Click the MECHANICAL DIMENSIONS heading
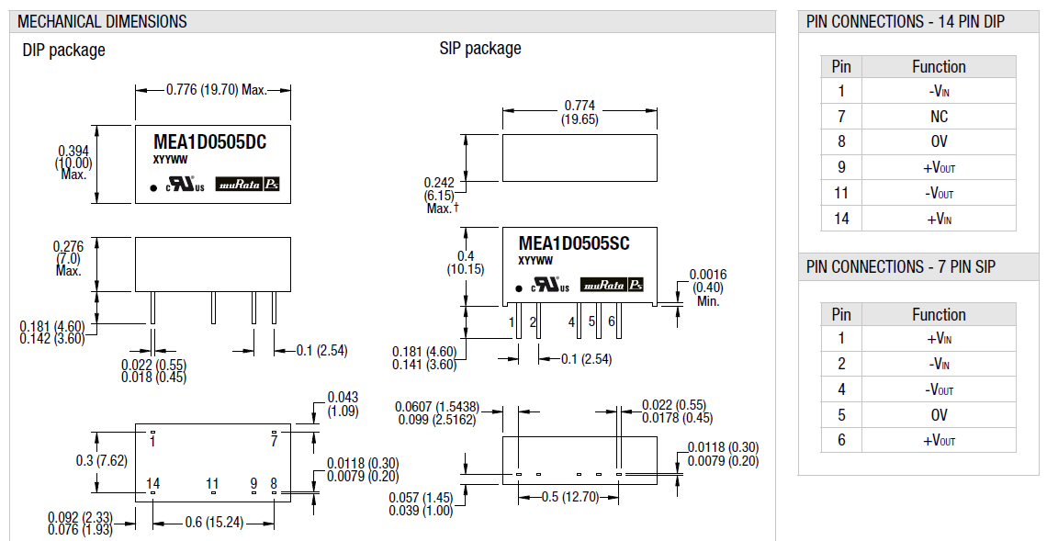coord(102,21)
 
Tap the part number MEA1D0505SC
coord(574,242)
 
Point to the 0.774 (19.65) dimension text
coord(580,113)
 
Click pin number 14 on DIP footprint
coord(152,483)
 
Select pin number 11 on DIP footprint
coord(212,483)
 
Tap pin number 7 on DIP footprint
coord(273,441)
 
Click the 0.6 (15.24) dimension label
coord(213,523)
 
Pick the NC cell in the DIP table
coord(939,117)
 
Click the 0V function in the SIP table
coord(939,415)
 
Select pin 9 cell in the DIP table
coord(841,167)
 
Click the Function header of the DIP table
coord(939,66)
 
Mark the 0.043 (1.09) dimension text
coord(343,404)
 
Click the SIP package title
coord(479,49)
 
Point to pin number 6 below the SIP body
coord(611,321)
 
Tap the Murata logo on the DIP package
coord(240,184)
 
